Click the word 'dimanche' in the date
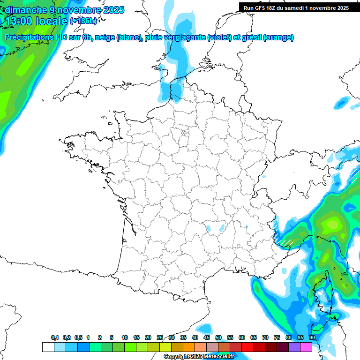25,10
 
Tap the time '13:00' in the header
21,21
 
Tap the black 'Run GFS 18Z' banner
299,7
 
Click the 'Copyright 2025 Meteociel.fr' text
199,357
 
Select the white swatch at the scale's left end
47,347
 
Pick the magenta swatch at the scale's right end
306,347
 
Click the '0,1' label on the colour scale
55,337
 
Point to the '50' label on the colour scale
218,337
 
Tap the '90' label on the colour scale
312,337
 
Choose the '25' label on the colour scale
160,337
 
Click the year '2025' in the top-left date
112,10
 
